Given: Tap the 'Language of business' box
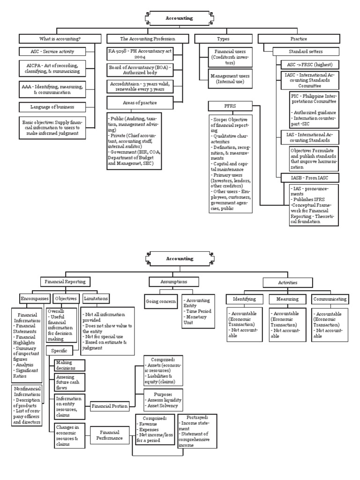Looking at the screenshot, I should pos(52,107).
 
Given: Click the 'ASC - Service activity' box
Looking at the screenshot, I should pos(52,51).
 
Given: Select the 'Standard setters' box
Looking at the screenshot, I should pos(304,51).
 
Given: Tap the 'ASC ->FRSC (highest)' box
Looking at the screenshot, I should pos(309,64).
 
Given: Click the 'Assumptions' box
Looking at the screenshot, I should pos(173,282).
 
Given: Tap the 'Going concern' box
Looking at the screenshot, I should pos(161,301).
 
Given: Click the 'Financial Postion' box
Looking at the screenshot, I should pos(110,406).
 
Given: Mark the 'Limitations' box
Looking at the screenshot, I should pos(96,298).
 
